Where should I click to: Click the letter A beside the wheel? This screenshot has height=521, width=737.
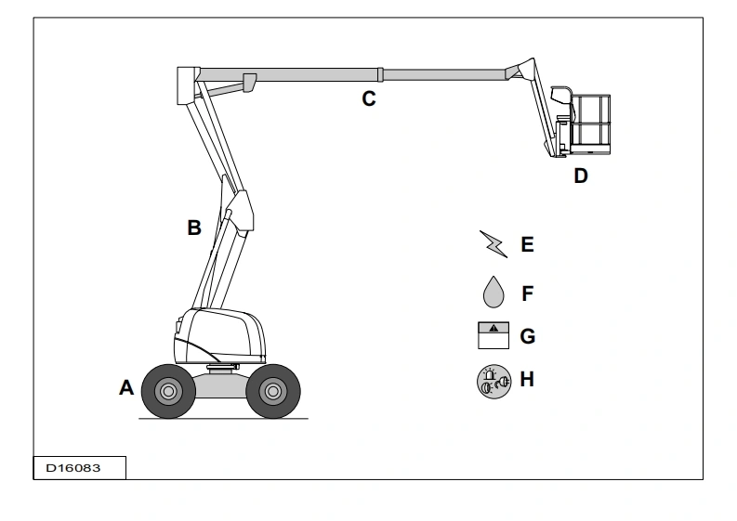coord(126,388)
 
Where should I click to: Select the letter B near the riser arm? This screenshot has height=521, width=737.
coord(194,228)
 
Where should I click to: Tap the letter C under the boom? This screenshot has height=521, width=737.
coord(369,98)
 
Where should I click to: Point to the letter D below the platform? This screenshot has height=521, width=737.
coord(581,176)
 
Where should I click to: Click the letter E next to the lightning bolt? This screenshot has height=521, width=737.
coord(527,245)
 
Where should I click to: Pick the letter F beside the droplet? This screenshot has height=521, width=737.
coord(528,293)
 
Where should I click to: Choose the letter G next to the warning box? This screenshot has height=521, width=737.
coord(527,336)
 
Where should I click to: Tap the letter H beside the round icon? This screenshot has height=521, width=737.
coord(527,380)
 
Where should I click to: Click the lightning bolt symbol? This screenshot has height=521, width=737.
coord(494,244)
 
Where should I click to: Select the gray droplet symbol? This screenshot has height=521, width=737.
coord(494,293)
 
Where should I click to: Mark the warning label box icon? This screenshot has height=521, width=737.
coord(494,335)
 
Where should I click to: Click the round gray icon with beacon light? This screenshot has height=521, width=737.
coord(494,382)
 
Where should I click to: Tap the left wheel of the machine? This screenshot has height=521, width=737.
coord(168,391)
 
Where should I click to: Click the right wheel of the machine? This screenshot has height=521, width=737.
coord(273,391)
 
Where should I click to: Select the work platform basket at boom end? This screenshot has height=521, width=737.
coord(590,124)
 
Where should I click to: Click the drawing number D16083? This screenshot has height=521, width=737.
coord(73,468)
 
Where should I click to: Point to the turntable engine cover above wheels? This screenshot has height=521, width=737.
coord(220,335)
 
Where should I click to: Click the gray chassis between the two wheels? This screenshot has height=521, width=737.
coord(221,385)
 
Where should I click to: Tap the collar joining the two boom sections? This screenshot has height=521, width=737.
coord(380,74)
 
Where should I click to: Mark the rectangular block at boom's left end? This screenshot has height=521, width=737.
coord(188,85)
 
